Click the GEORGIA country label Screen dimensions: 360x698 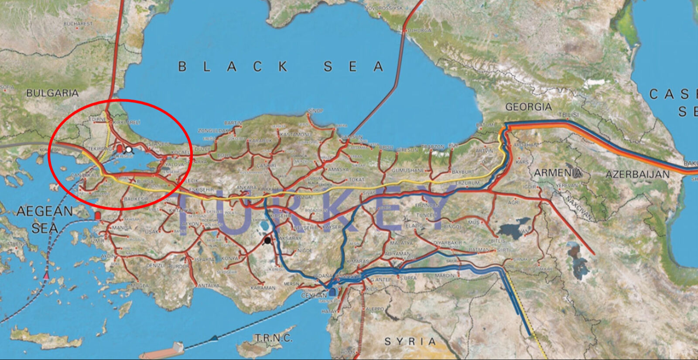point(528,107)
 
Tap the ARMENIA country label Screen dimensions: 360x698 point(558,173)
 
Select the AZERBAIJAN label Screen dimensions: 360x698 point(637,175)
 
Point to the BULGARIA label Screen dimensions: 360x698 point(52,93)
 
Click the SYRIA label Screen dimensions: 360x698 point(410,341)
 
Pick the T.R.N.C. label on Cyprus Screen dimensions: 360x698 point(274,338)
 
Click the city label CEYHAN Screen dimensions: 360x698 point(314,295)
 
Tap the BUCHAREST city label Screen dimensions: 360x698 point(78,24)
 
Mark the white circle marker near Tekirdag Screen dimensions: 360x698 point(129,150)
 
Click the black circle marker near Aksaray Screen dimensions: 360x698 point(267,240)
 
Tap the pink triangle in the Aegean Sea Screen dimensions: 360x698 point(46,275)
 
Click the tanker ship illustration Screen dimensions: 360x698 point(162,351)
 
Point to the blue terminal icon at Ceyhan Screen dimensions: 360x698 point(333,292)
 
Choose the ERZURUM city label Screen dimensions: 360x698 point(467,183)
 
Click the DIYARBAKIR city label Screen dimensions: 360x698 point(448,243)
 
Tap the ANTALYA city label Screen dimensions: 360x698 point(209,285)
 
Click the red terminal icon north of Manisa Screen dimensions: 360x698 point(98,216)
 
